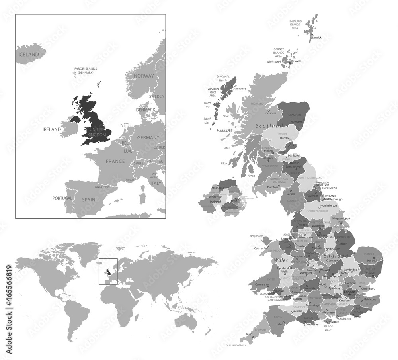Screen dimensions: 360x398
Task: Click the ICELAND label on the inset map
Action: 28,54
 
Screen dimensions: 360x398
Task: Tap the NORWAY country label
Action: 144,76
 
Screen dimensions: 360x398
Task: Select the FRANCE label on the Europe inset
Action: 115,161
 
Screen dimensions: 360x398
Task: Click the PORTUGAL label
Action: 63,198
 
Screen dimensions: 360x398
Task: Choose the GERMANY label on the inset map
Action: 148,137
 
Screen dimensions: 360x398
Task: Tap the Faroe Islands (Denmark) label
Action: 86,71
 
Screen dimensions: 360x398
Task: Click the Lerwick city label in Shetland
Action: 316,37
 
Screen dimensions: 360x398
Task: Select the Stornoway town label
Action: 240,88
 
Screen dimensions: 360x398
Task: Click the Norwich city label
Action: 372,260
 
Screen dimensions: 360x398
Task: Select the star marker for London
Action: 349,295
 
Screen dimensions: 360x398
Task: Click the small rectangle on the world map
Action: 108,272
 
